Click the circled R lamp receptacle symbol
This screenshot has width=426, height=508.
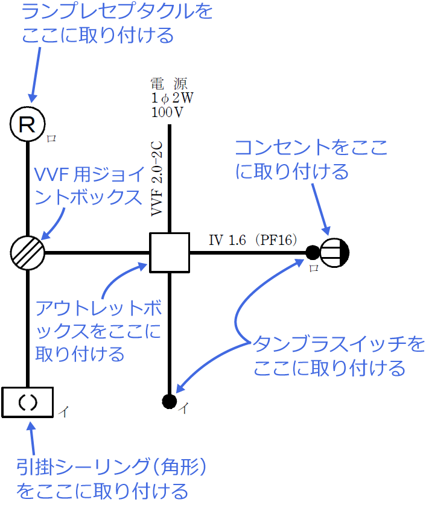(28, 124)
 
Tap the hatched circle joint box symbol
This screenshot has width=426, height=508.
(28, 252)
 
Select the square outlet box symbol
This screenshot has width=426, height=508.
(170, 252)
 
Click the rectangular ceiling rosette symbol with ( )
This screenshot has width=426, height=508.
(28, 402)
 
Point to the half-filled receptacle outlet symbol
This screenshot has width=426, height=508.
(334, 252)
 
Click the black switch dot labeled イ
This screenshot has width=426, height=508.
(169, 400)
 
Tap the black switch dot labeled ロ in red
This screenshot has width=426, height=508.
(312, 252)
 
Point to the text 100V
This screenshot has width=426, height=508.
(168, 112)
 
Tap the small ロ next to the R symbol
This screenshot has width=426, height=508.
(52, 138)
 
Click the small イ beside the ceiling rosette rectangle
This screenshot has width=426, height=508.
(63, 412)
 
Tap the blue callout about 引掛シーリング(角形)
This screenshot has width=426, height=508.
(112, 478)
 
